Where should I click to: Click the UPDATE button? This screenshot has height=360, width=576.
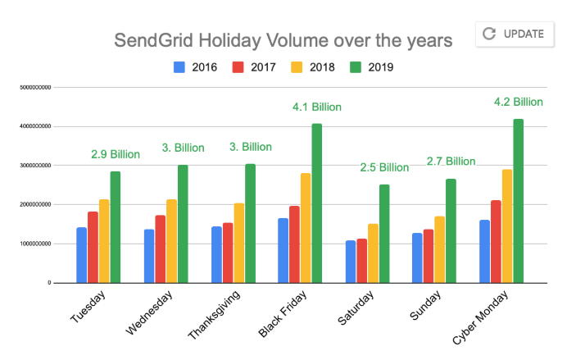pos(514,34)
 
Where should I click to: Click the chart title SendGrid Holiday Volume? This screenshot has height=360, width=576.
pos(282,40)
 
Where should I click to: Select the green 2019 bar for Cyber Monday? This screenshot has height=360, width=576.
pos(519,201)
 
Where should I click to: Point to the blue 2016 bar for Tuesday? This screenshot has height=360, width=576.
pos(82,255)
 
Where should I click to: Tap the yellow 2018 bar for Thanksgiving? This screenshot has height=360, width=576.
pos(238,243)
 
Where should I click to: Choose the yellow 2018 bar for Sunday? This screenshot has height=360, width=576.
pos(440,249)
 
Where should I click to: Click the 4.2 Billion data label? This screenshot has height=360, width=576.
pos(519,103)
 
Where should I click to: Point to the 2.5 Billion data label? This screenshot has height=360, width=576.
pos(384,167)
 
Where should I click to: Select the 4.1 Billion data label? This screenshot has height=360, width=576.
pos(317,107)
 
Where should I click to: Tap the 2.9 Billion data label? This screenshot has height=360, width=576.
pos(116,154)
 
